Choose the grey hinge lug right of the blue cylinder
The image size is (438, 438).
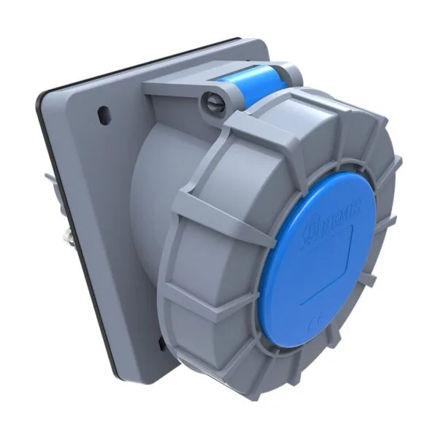pyautogui.click(x=292, y=73)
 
